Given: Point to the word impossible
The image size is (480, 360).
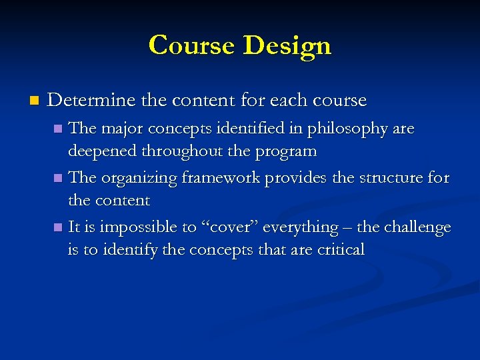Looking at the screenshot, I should click(136, 227).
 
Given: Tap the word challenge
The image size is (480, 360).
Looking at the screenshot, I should click(418, 227).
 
